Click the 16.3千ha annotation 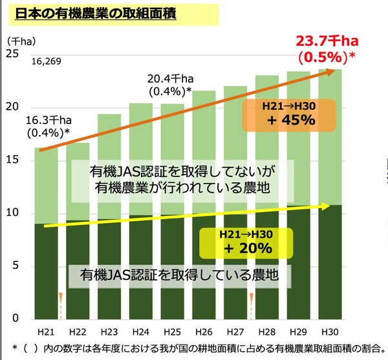point(48,120)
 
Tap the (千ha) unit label point(22,40)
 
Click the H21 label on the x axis point(45,331)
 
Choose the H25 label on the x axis point(171,331)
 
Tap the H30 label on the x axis point(331,331)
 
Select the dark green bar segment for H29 point(299,284)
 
